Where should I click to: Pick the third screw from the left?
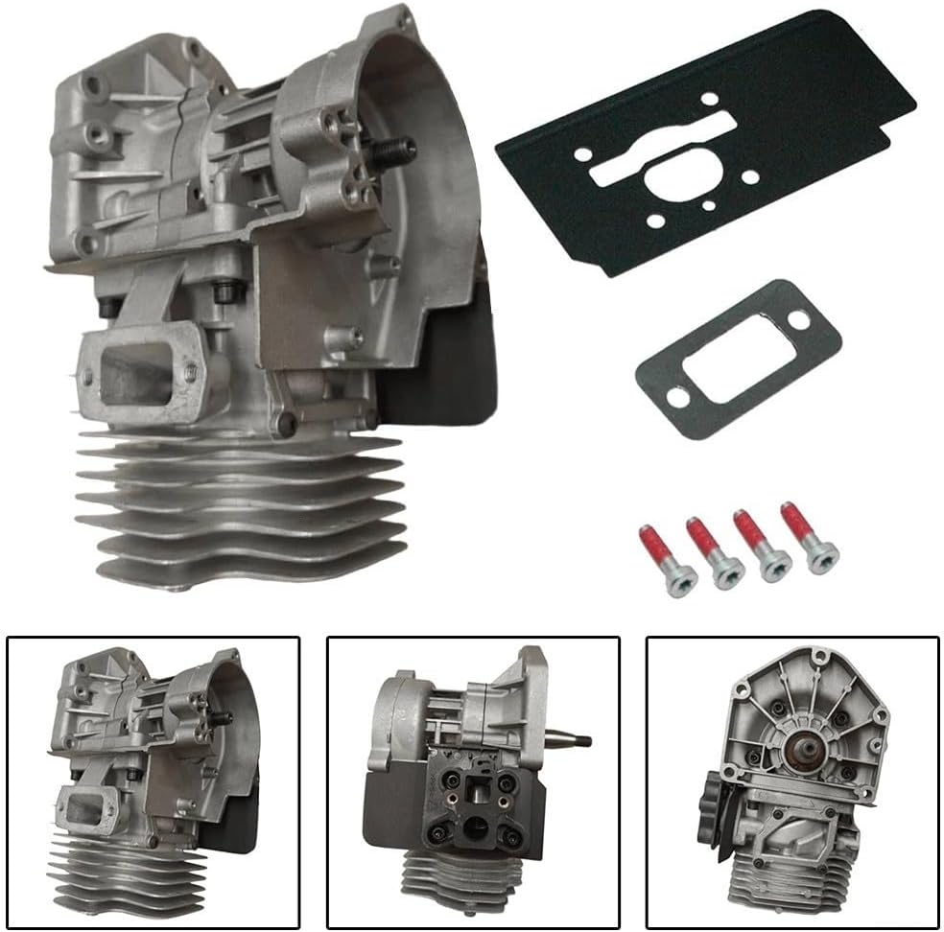click(762, 547)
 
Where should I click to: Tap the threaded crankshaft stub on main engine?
click(393, 152)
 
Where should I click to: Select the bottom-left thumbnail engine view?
click(153, 782)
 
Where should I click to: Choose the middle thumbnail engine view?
click(472, 782)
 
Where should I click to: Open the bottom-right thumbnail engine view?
click(792, 782)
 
